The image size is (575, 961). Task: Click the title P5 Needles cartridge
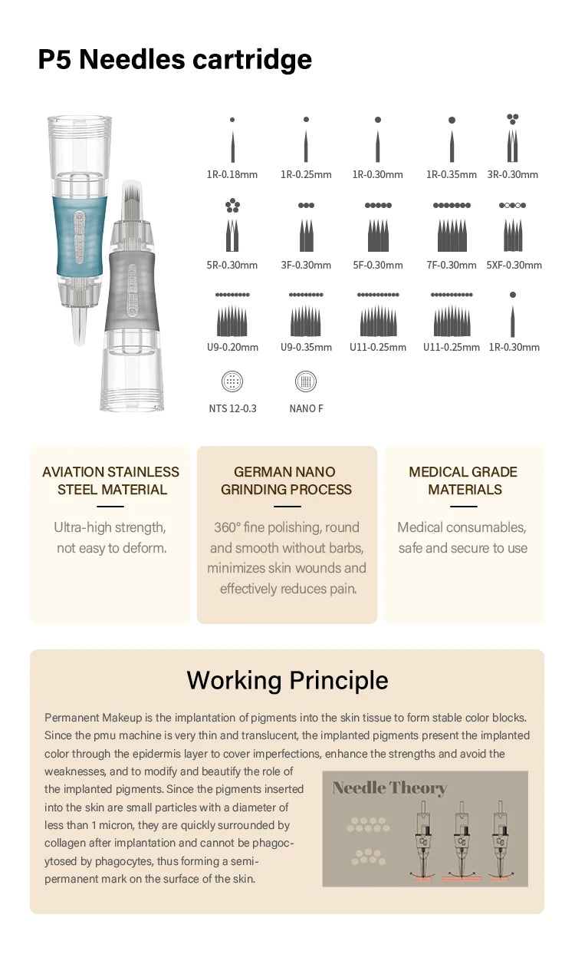point(175,59)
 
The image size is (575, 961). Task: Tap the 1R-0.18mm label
point(232,174)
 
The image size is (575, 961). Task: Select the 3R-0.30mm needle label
point(512,174)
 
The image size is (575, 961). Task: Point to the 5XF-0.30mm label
point(514,265)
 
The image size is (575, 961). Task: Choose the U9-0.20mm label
point(232,347)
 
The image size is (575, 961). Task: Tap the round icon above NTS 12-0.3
point(232,381)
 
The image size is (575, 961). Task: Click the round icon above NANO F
point(306,381)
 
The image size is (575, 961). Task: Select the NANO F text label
point(306,408)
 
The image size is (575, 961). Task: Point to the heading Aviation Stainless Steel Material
point(111,480)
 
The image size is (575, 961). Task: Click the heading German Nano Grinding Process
point(286,480)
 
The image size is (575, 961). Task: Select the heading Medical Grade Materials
point(463,480)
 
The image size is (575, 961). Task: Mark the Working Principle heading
point(287,680)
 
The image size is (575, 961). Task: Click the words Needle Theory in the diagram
point(389,788)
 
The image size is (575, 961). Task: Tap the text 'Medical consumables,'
point(462,527)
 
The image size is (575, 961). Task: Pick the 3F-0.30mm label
point(306,265)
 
